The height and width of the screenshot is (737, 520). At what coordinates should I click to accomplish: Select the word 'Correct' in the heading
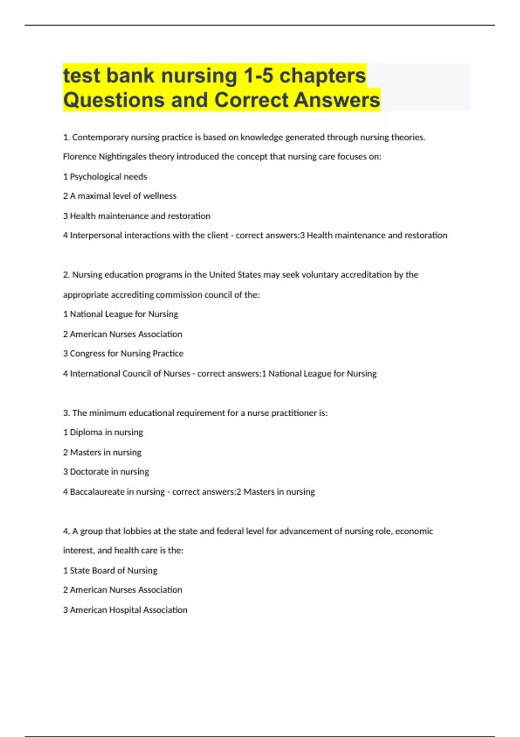pyautogui.click(x=251, y=100)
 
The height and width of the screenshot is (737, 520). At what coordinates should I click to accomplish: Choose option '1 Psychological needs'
pyautogui.click(x=105, y=176)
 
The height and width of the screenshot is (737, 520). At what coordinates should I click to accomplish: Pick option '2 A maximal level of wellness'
pyautogui.click(x=120, y=196)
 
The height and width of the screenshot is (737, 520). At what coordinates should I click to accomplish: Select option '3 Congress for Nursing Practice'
pyautogui.click(x=123, y=354)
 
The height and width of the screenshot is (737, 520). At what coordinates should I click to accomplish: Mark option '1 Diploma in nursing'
pyautogui.click(x=103, y=432)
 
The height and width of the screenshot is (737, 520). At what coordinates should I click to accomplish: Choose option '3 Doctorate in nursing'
pyautogui.click(x=106, y=472)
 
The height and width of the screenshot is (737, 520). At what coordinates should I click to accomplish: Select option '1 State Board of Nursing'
pyautogui.click(x=110, y=571)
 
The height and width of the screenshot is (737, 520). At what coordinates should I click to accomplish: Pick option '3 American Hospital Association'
pyautogui.click(x=125, y=610)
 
